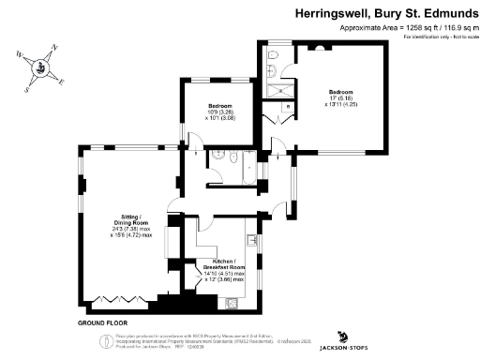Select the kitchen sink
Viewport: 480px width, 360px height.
point(253,243)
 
